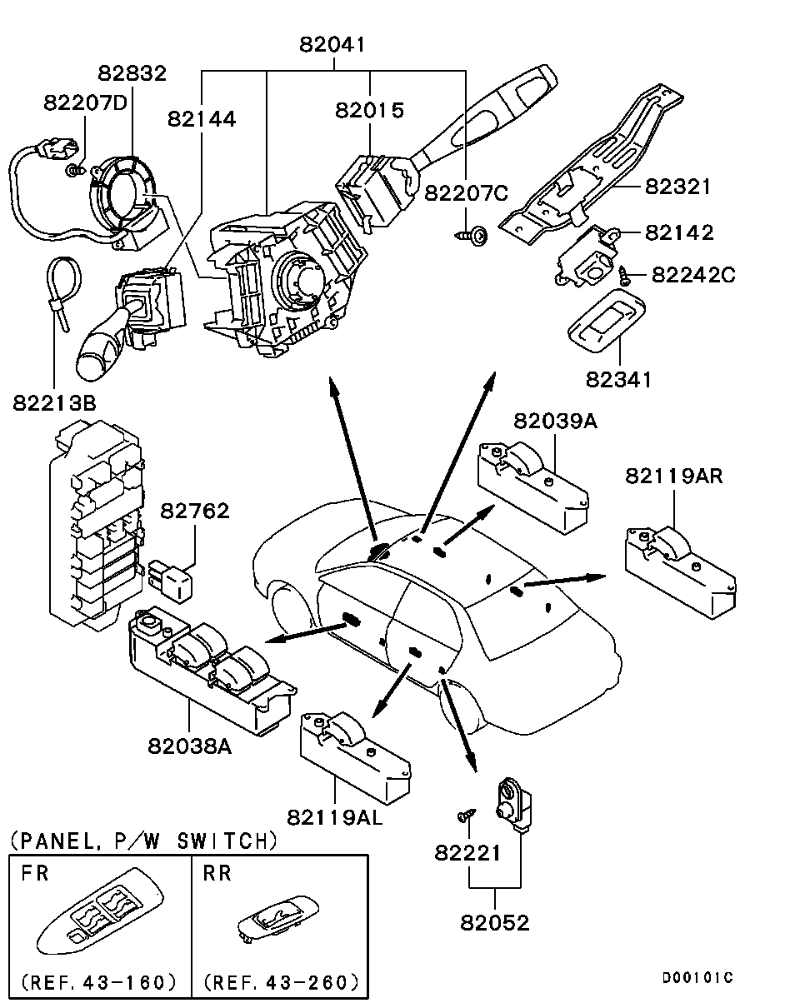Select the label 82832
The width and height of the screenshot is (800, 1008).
(132, 72)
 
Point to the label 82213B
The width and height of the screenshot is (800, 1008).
(54, 403)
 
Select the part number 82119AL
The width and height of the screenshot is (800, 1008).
(334, 817)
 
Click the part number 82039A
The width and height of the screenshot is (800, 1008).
(555, 421)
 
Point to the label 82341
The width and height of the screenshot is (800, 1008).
(617, 379)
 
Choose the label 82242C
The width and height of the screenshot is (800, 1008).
(693, 274)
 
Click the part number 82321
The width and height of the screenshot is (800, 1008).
(677, 186)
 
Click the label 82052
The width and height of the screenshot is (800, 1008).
(495, 922)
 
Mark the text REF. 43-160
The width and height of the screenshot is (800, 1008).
(98, 981)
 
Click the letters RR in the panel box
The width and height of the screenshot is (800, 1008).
(217, 873)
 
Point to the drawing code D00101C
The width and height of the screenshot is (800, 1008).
(697, 977)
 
